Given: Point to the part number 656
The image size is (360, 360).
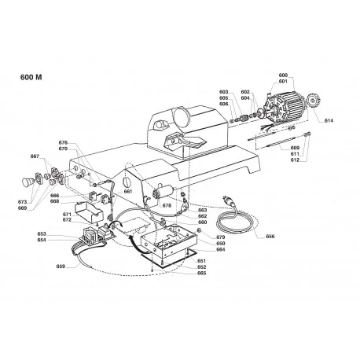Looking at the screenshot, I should coord(270,235).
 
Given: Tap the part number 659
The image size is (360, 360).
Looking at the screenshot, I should coord(61,266).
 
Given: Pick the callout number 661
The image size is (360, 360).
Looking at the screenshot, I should coord(128,191).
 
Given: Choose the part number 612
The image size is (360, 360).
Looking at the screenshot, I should coord(294,160).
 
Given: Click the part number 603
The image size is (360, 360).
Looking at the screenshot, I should coord(224,92).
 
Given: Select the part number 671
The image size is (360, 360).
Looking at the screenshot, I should coord(68,213).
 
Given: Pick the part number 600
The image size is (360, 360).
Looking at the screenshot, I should coord(283,75).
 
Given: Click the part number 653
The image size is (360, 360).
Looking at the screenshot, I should coord(42,233).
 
